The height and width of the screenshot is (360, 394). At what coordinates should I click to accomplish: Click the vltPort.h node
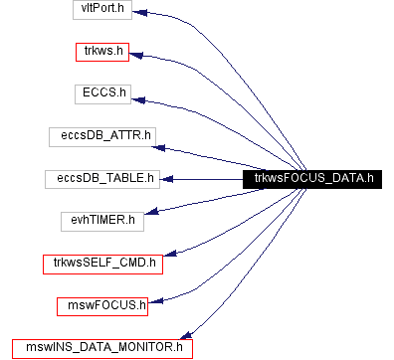click(x=103, y=10)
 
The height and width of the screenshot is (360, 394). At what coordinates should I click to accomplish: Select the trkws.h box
click(x=103, y=52)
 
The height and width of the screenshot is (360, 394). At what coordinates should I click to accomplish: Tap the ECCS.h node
click(x=103, y=93)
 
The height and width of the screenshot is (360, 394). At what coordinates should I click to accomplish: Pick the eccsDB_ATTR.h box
click(x=103, y=135)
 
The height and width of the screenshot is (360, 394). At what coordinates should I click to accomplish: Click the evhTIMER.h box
click(x=103, y=220)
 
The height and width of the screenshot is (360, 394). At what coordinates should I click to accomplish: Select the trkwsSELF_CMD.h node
click(x=103, y=264)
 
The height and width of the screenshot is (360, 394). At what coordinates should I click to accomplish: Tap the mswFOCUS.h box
click(x=103, y=305)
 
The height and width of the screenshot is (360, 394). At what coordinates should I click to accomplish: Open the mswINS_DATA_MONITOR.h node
click(x=103, y=348)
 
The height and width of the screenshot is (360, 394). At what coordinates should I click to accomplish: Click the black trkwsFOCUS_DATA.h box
click(x=311, y=178)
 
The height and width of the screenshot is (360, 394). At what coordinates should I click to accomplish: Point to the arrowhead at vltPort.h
click(x=140, y=13)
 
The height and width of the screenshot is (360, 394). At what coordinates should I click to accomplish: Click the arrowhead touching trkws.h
click(x=138, y=54)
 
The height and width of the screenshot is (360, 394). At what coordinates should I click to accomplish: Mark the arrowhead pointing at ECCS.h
click(x=138, y=96)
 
